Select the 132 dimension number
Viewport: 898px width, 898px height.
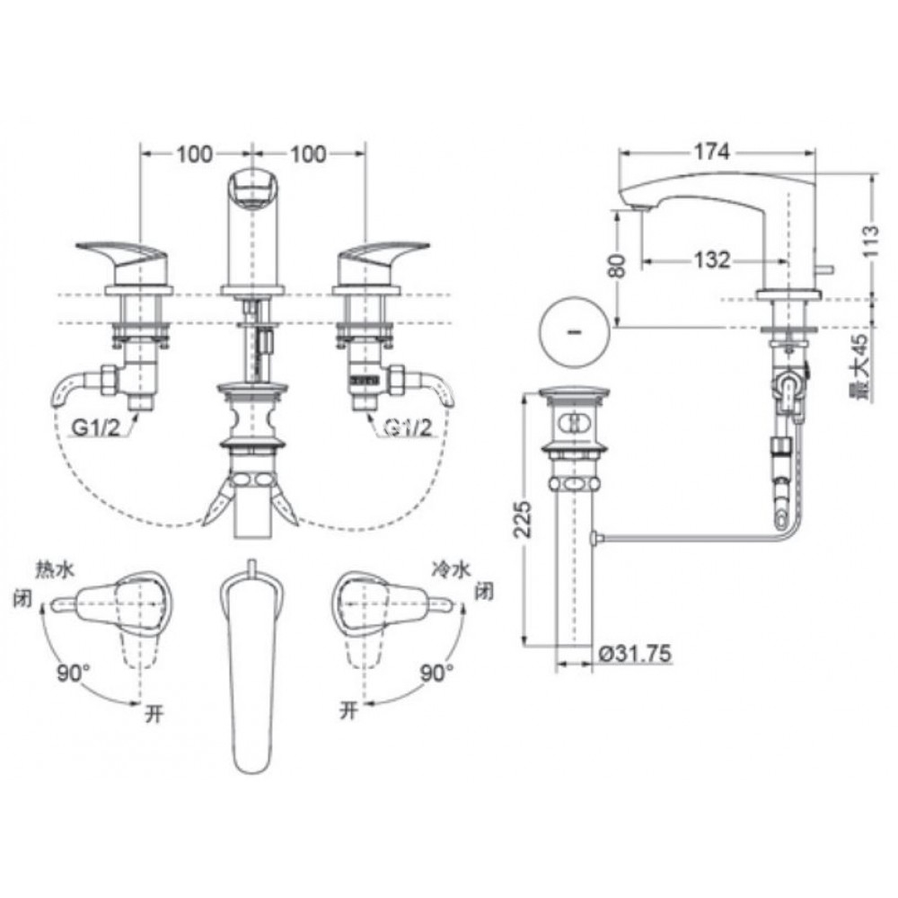coord(711,260)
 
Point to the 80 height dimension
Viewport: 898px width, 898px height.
coord(616,268)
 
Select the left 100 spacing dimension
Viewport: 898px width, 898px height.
coord(194,154)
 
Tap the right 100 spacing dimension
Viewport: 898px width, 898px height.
coord(309,154)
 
